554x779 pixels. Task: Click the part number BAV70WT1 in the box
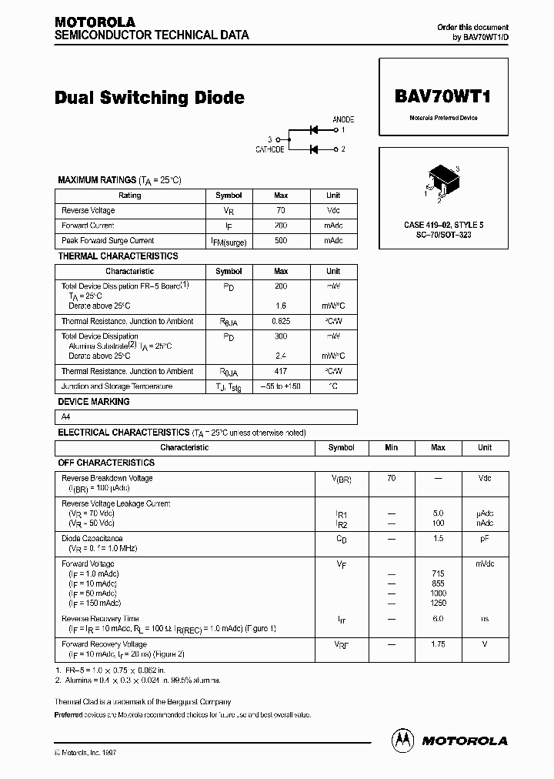442,97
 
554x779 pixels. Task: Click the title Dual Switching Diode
149,98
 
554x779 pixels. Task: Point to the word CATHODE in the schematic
269,149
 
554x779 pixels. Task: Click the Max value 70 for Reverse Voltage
281,210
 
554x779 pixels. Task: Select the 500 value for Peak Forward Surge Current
281,241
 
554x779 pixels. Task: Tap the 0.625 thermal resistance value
281,321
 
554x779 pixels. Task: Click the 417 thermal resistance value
281,371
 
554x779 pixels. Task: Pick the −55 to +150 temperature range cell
281,386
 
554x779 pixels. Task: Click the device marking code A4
66,416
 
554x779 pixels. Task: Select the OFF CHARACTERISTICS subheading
106,463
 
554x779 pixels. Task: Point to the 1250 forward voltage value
438,603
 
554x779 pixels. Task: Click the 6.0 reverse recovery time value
438,619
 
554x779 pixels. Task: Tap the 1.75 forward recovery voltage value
438,644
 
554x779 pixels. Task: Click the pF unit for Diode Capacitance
485,539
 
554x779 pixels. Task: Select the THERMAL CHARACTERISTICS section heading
118,256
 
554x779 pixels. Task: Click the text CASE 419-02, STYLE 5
443,225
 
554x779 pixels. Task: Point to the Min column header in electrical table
392,447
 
